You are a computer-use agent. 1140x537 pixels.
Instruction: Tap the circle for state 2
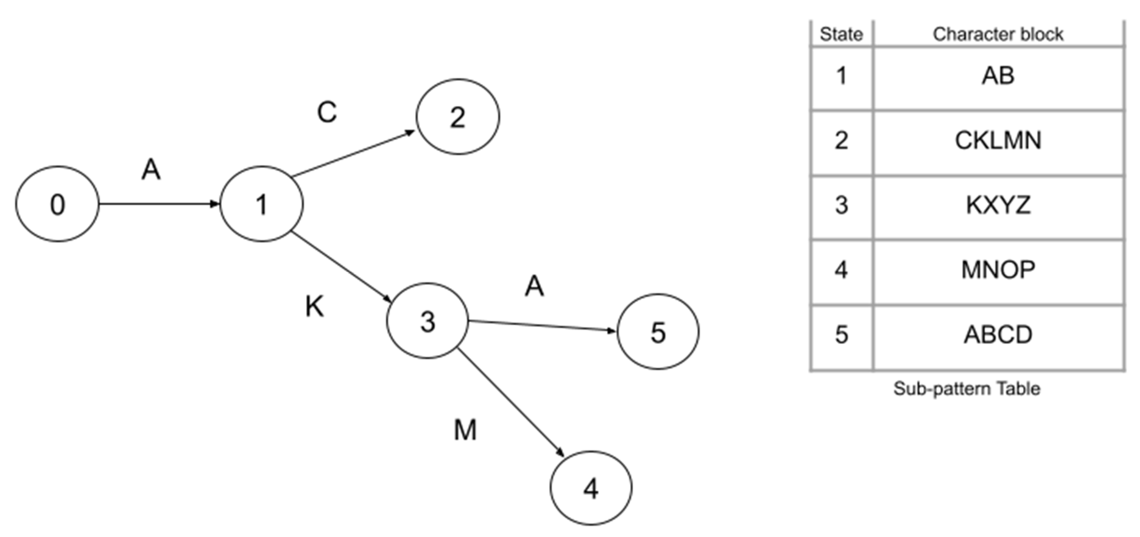pyautogui.click(x=458, y=117)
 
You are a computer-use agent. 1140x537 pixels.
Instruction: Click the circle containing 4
pyautogui.click(x=591, y=488)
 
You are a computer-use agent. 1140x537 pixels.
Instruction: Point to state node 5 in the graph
pyautogui.click(x=658, y=332)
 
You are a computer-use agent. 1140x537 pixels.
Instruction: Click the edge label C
pyautogui.click(x=327, y=112)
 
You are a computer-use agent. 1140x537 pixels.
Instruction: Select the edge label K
pyautogui.click(x=315, y=306)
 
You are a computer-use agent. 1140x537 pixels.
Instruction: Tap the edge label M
pyautogui.click(x=465, y=429)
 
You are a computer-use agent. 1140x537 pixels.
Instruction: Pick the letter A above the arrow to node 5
pyautogui.click(x=534, y=286)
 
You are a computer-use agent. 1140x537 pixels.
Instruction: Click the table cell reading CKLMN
pyautogui.click(x=998, y=141)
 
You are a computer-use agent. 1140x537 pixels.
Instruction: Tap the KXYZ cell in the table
pyautogui.click(x=998, y=205)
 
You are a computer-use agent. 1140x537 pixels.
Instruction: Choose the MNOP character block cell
pyautogui.click(x=998, y=270)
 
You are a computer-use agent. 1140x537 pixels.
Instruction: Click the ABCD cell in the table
pyautogui.click(x=998, y=335)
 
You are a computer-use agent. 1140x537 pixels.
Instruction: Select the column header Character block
pyautogui.click(x=998, y=34)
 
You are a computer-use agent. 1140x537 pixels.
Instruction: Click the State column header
pyautogui.click(x=841, y=34)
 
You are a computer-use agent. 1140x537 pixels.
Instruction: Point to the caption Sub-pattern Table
pyautogui.click(x=966, y=389)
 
